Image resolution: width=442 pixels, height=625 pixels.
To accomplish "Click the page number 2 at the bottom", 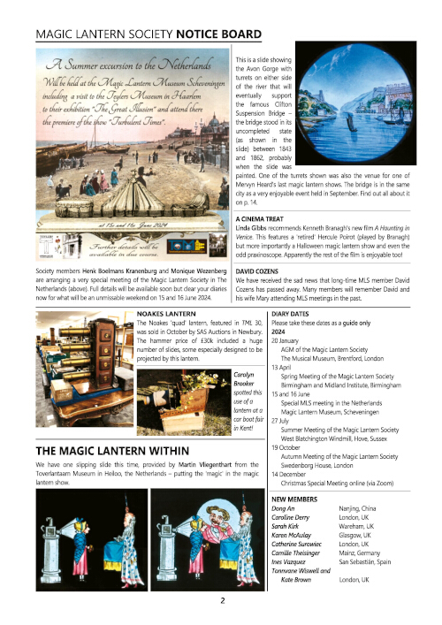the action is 222,598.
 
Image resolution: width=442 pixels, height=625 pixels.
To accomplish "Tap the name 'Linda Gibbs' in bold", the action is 255,227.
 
